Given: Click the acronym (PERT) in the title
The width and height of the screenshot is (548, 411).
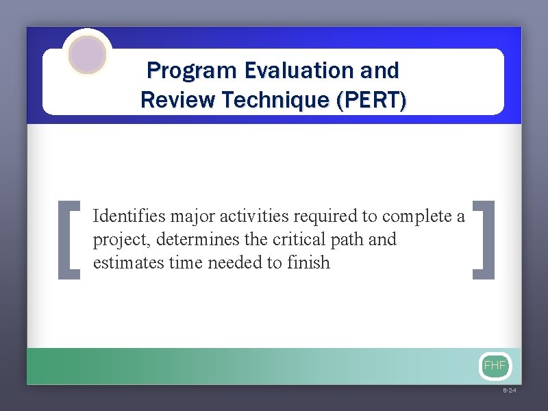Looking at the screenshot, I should [x=371, y=101].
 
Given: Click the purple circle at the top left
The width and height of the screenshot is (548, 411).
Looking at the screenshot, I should [x=88, y=55].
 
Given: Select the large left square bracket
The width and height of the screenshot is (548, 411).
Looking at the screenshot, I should [x=70, y=240].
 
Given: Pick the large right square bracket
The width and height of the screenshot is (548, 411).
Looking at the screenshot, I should [x=484, y=240].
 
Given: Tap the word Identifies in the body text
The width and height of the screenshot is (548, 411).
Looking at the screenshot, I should [x=129, y=217].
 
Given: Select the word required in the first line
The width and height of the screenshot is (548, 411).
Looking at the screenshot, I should [x=325, y=217].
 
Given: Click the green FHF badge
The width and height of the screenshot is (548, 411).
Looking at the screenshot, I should [x=495, y=366].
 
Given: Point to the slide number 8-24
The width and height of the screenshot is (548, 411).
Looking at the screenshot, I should [x=510, y=390].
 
